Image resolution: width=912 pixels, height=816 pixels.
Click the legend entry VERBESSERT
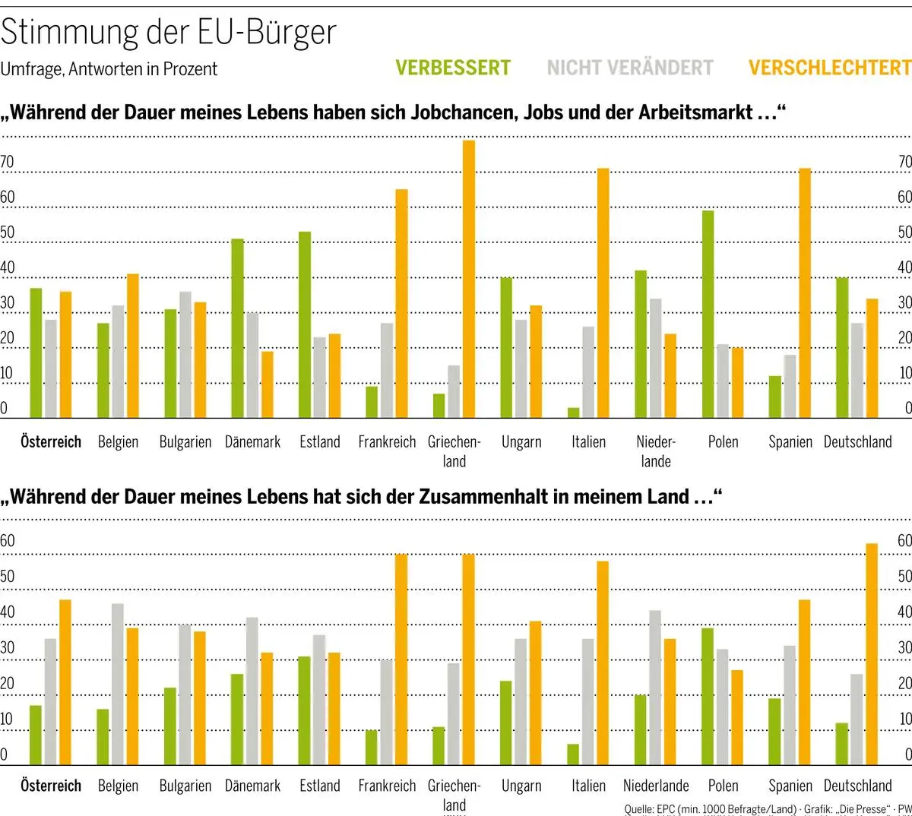[453, 68]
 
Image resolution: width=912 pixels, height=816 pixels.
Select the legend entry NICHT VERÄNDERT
[630, 68]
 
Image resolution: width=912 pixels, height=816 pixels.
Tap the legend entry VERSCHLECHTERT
[829, 68]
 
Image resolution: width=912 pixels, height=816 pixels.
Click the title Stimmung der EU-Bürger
[168, 32]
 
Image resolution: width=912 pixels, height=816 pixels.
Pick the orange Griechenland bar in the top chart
[469, 279]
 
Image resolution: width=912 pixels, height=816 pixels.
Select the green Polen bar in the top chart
[708, 314]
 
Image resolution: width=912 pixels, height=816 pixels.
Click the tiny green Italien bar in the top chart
[574, 413]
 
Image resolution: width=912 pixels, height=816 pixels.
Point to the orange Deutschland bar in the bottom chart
[872, 653]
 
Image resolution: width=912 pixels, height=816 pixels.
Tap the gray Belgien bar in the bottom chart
[118, 684]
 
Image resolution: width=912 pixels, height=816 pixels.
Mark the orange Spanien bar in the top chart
[805, 293]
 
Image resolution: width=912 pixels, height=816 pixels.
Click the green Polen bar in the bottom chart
[708, 696]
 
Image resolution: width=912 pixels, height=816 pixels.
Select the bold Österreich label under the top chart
[51, 441]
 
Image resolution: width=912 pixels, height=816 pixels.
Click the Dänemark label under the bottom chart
[252, 786]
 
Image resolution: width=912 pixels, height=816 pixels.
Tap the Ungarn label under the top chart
[521, 441]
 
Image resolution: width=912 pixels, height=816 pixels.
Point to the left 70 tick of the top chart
[8, 162]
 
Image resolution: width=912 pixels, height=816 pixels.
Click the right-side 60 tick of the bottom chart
[904, 541]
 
